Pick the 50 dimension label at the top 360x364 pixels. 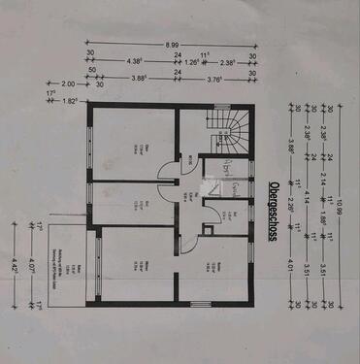[x=92, y=71]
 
